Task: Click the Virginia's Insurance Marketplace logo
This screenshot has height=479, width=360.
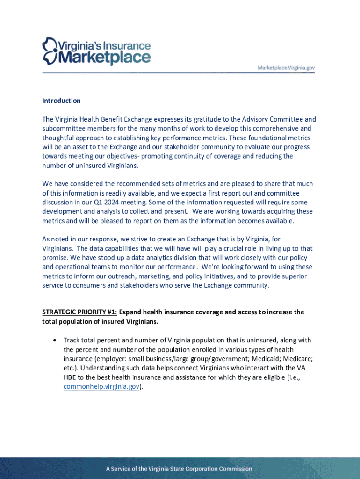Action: (x=97, y=52)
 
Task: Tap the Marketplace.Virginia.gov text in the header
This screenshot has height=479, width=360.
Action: (x=287, y=68)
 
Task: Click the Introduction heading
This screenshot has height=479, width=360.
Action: (x=61, y=101)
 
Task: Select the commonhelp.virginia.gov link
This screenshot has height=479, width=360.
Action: (x=101, y=387)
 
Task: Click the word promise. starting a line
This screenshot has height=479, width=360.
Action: (x=55, y=258)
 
